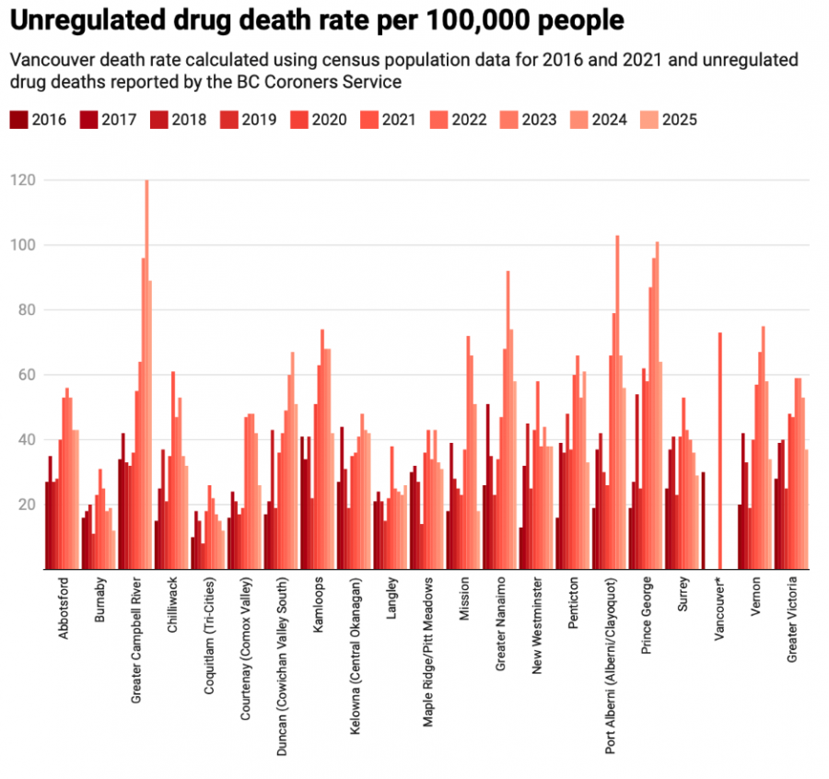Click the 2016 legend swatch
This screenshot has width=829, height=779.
18,120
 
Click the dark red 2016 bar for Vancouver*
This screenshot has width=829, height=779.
703,521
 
